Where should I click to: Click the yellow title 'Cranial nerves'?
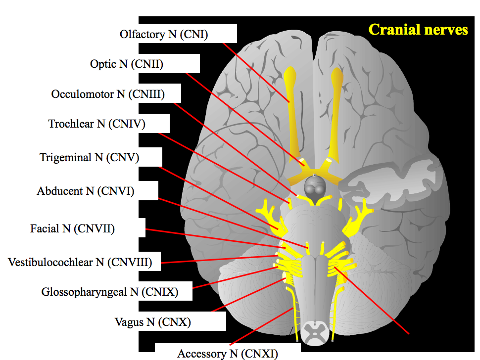pyautogui.click(x=418, y=30)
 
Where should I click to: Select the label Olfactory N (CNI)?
pyautogui.click(x=164, y=35)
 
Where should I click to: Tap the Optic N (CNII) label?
pyautogui.click(x=127, y=64)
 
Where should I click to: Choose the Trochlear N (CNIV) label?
pyautogui.click(x=97, y=124)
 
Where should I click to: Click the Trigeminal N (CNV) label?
pyautogui.click(x=90, y=158)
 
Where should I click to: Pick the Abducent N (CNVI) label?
pyautogui.click(x=86, y=191)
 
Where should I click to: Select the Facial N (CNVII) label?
pyautogui.click(x=72, y=229)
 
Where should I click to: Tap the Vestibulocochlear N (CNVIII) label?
pyautogui.click(x=80, y=262)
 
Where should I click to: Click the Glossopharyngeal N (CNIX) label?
pyautogui.click(x=110, y=292)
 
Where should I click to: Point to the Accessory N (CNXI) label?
pyautogui.click(x=228, y=354)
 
